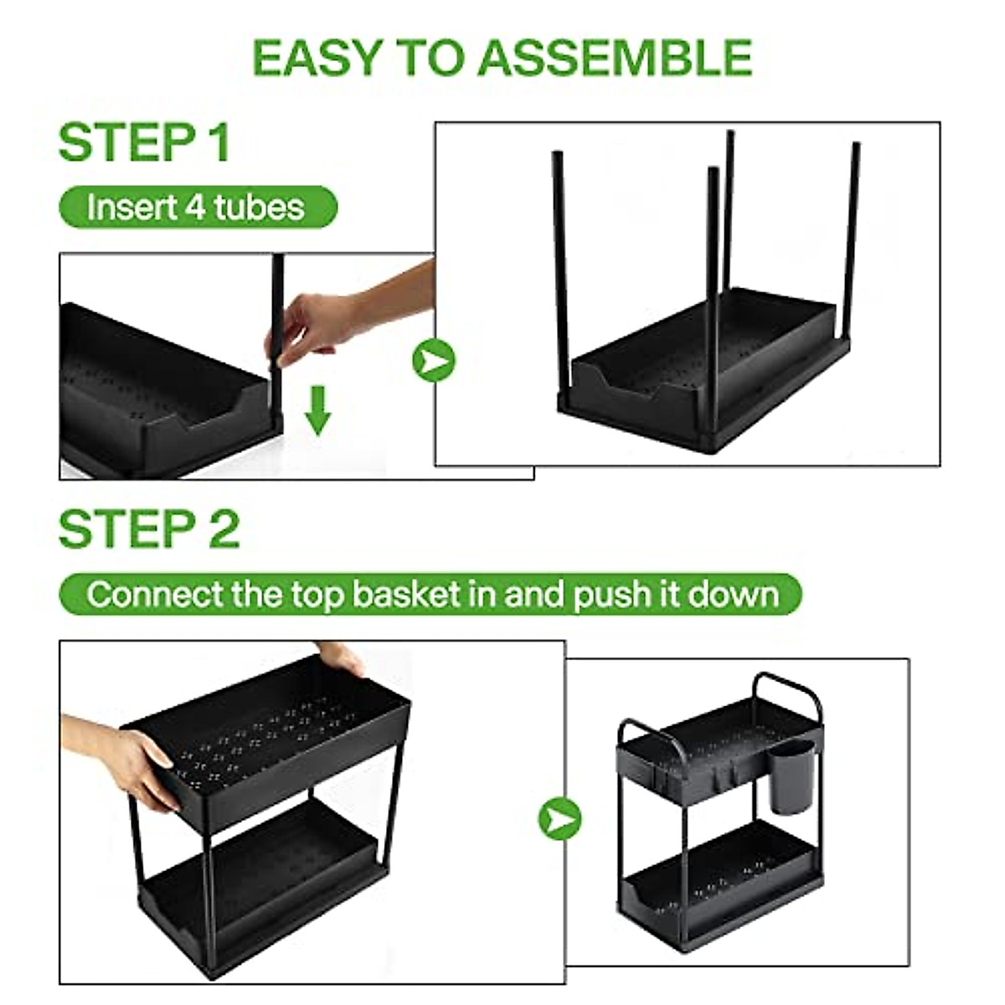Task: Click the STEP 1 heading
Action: [x=144, y=142]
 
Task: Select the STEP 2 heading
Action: [x=149, y=529]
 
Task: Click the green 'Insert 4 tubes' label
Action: [x=197, y=207]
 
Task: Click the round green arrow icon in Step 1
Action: [x=433, y=361]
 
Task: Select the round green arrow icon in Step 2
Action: [x=559, y=817]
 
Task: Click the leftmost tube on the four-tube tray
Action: [x=560, y=268]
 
